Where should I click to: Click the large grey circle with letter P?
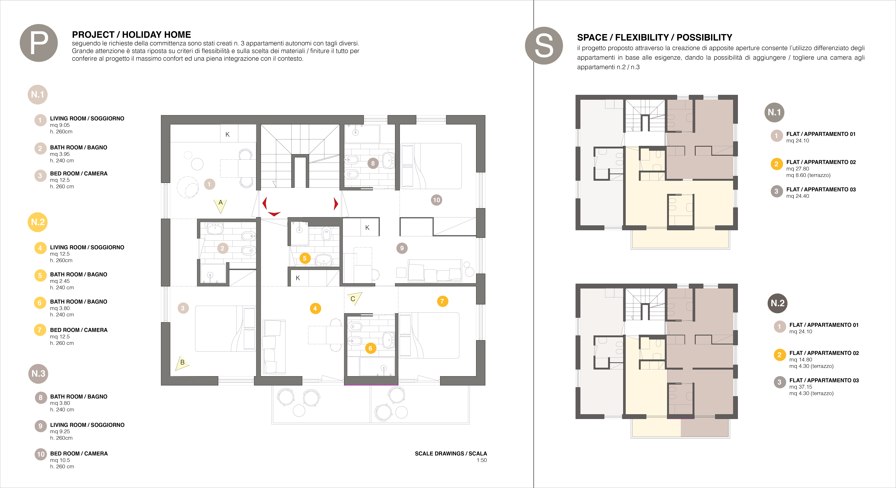point(39,43)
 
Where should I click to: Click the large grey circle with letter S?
point(544,46)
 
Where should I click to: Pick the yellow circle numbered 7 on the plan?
point(442,301)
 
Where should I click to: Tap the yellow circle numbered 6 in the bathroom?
point(370,348)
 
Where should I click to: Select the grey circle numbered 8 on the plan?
point(373,163)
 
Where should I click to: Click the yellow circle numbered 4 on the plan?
point(315,308)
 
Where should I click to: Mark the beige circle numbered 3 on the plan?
point(183,308)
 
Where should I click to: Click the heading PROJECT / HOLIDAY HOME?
point(131,35)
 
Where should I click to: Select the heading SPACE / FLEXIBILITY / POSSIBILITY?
point(655,37)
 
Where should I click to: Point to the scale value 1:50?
point(482,460)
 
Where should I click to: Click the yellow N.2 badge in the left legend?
point(38,222)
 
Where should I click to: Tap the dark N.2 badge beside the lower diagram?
point(777,303)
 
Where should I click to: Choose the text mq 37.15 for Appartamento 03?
point(801,387)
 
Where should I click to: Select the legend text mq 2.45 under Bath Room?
point(60,281)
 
